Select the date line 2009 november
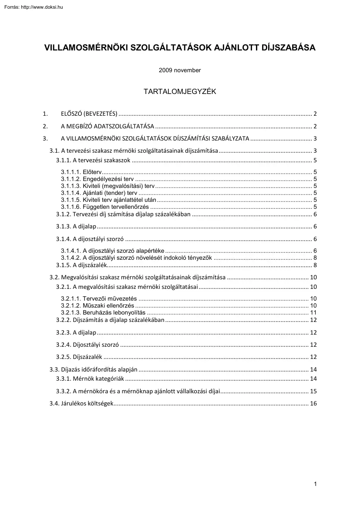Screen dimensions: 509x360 [180, 70]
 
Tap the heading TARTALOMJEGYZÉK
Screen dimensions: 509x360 [180, 92]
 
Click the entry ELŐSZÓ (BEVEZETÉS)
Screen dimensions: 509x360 [89, 114]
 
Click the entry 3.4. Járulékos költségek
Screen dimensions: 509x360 [82, 404]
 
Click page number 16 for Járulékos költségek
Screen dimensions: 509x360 [313, 404]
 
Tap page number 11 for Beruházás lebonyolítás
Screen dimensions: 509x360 [313, 312]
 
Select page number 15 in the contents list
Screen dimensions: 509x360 [313, 391]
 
